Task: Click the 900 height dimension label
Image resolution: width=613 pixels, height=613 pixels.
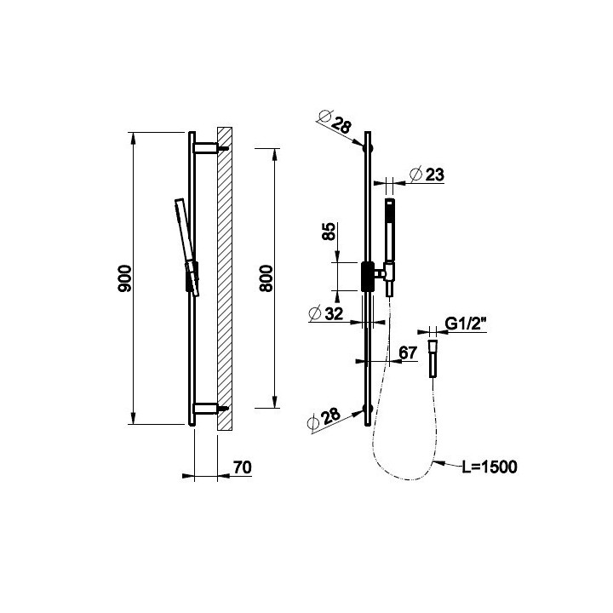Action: pyautogui.click(x=125, y=278)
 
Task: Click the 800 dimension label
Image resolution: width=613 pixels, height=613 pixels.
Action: pyautogui.click(x=266, y=278)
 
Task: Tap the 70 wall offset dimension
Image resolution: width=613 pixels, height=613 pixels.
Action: pyautogui.click(x=243, y=467)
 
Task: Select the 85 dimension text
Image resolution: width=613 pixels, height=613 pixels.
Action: pyautogui.click(x=329, y=231)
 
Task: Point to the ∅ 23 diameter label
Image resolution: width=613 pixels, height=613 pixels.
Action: pyautogui.click(x=427, y=175)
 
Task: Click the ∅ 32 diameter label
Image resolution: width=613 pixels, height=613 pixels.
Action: pyautogui.click(x=325, y=313)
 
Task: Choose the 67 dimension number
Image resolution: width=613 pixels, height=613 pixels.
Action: pyautogui.click(x=408, y=353)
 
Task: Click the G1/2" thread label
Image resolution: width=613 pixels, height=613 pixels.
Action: pyautogui.click(x=465, y=324)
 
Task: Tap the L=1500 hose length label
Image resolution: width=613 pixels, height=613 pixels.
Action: pyautogui.click(x=490, y=467)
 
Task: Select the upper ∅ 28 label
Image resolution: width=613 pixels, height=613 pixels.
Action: pyautogui.click(x=335, y=122)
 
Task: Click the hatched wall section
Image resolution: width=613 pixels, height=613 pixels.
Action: pyautogui.click(x=225, y=278)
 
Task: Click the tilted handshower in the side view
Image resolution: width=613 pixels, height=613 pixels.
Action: pyautogui.click(x=186, y=247)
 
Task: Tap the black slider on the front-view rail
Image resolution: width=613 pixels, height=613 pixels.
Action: pyautogui.click(x=368, y=277)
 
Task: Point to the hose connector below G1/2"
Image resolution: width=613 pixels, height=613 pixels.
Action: pyautogui.click(x=433, y=359)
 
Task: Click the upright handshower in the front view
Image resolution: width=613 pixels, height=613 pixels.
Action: pyautogui.click(x=389, y=247)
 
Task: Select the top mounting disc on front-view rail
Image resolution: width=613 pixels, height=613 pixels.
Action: pyautogui.click(x=368, y=148)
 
